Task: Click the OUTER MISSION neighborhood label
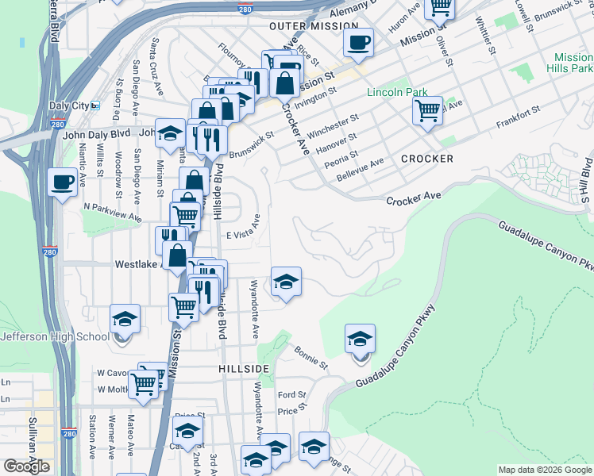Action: (x=314, y=26)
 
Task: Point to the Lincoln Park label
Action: (x=397, y=93)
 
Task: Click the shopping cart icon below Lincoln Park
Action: (x=428, y=109)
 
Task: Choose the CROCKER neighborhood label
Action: (x=427, y=159)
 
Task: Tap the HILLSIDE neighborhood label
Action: (x=244, y=370)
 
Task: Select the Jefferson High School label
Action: (x=55, y=336)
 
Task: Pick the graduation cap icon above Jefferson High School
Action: (x=125, y=319)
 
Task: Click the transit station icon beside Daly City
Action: (x=95, y=106)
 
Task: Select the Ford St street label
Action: (x=291, y=395)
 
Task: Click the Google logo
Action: (x=26, y=466)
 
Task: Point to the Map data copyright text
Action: (x=544, y=470)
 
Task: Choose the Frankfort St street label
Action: (x=518, y=119)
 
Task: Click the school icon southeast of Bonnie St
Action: (x=360, y=339)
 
